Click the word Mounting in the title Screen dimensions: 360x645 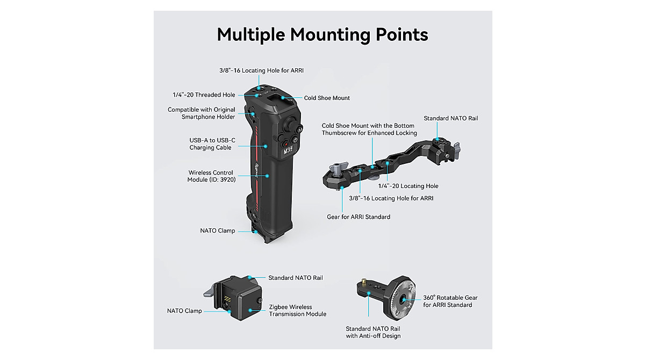329,35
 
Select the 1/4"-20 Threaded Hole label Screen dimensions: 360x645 204,95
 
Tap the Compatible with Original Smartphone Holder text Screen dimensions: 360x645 201,113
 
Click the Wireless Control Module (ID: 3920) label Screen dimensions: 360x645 211,176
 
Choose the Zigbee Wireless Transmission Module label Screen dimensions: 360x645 297,311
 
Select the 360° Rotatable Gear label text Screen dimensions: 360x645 450,301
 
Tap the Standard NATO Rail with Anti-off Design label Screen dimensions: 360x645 373,332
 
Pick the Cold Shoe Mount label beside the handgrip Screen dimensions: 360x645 327,98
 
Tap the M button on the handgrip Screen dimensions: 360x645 300,129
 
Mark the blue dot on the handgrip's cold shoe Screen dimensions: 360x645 283,98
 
